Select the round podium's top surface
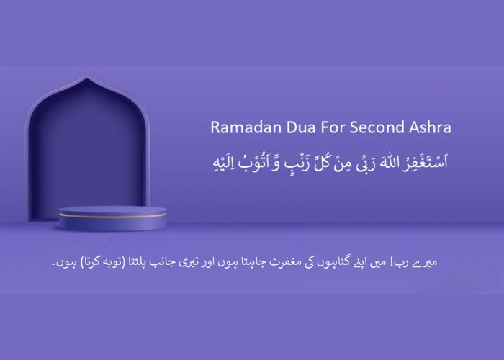click(112, 208)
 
